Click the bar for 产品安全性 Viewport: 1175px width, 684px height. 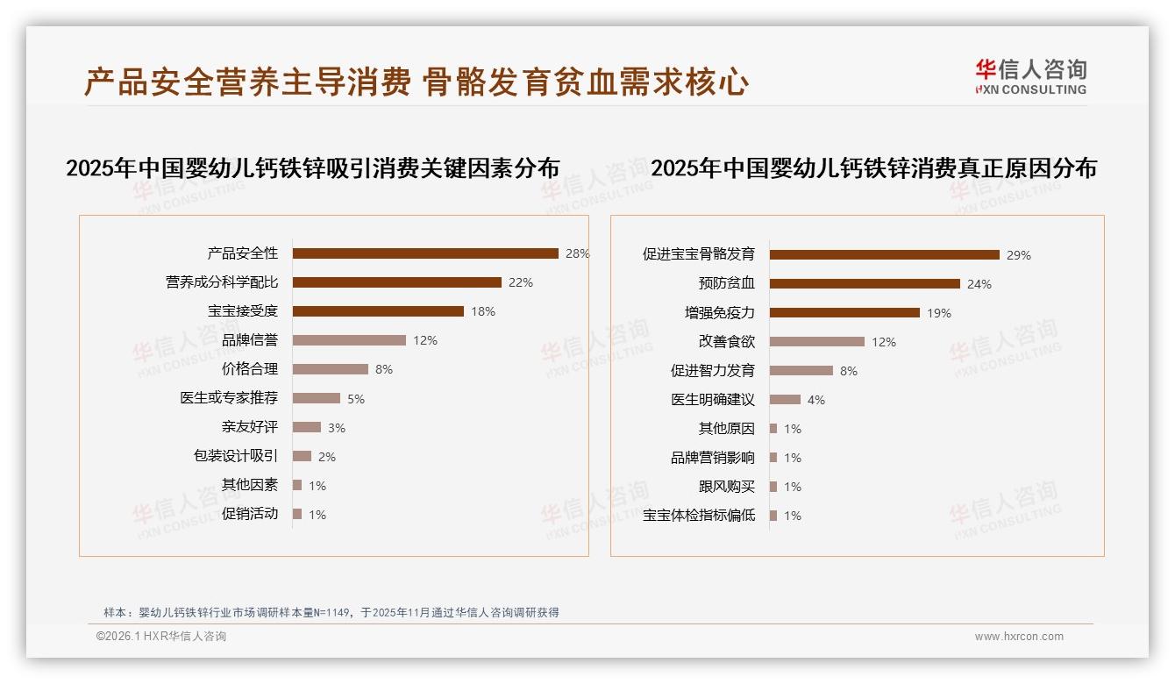[x=425, y=253]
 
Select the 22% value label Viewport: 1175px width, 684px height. [x=521, y=282]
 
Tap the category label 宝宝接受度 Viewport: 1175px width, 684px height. [x=243, y=311]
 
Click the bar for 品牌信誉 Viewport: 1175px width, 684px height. [x=349, y=340]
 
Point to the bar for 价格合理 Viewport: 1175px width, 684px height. [x=331, y=369]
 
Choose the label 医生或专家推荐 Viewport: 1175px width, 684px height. [x=229, y=398]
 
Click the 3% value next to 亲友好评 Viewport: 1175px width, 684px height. [x=337, y=428]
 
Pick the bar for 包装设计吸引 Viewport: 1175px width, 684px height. [x=303, y=456]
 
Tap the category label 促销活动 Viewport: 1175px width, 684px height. [x=250, y=514]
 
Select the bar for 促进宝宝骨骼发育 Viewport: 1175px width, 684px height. [x=885, y=255]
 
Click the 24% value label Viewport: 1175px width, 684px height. [x=979, y=284]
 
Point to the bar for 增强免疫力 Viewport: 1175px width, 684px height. [x=844, y=313]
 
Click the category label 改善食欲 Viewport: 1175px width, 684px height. [x=726, y=342]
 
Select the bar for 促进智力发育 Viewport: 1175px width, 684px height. [x=801, y=371]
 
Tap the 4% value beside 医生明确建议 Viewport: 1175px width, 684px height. [x=816, y=400]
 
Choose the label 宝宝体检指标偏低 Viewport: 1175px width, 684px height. [x=699, y=516]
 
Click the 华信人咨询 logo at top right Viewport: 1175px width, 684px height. [x=1030, y=76]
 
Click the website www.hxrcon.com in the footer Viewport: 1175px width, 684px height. [x=1019, y=637]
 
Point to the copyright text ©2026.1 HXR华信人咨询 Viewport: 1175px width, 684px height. [x=161, y=637]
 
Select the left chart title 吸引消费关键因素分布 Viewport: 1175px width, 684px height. [x=313, y=168]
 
